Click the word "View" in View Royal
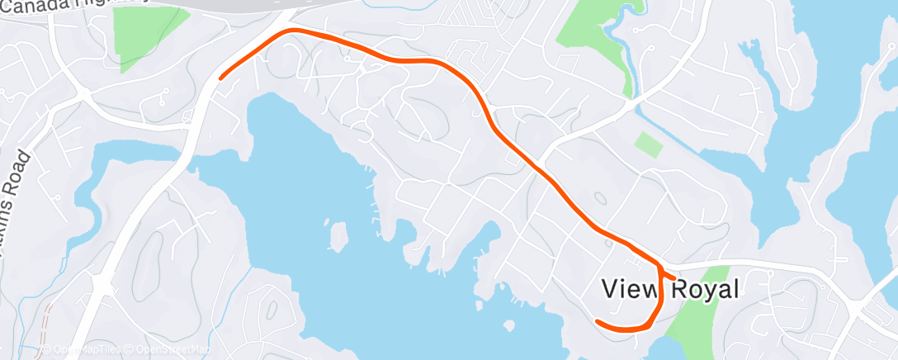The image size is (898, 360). pyautogui.click(x=628, y=289)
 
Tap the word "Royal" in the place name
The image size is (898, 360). pyautogui.click(x=701, y=289)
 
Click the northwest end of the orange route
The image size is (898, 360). pyautogui.click(x=220, y=78)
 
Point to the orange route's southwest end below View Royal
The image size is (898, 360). pyautogui.click(x=597, y=320)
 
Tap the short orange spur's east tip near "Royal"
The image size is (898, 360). pyautogui.click(x=675, y=277)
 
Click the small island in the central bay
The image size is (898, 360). pyautogui.click(x=337, y=236)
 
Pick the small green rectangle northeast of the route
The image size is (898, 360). pyautogui.click(x=649, y=144)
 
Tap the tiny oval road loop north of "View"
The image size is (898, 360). pyautogui.click(x=600, y=198)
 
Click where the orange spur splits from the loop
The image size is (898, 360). pyautogui.click(x=659, y=268)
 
